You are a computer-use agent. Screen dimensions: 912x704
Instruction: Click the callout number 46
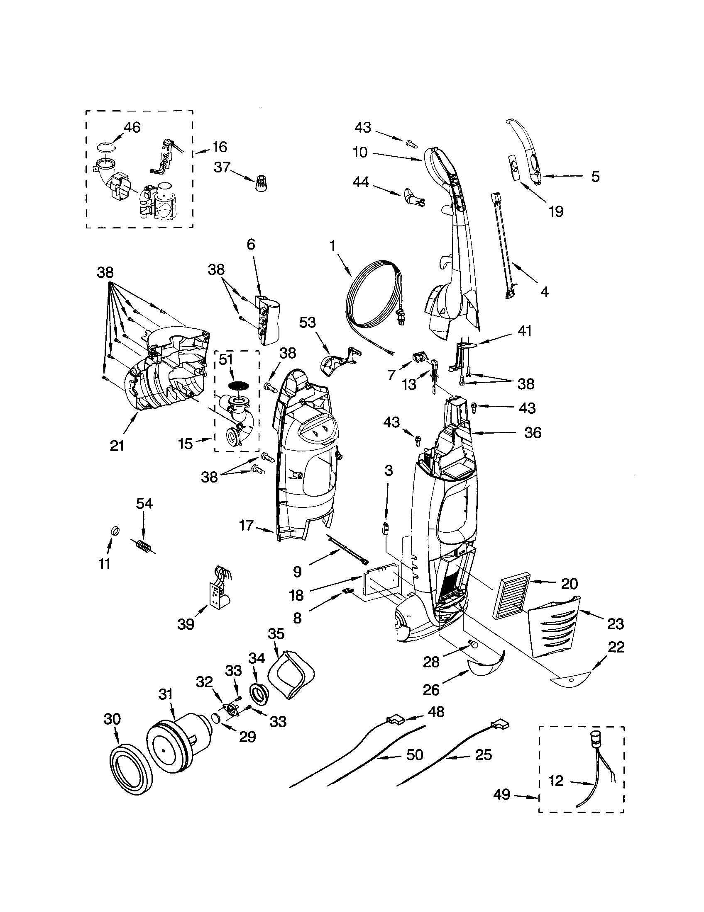click(132, 127)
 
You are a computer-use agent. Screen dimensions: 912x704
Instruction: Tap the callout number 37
click(222, 167)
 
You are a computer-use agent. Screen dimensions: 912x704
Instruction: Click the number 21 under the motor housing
click(117, 446)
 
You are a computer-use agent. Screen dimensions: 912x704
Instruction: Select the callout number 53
click(307, 323)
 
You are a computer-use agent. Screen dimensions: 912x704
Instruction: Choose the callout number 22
click(616, 647)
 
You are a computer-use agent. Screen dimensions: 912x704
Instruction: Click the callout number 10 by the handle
click(359, 153)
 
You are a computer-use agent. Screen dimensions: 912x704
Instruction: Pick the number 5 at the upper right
click(595, 177)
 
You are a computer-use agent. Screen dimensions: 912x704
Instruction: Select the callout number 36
click(533, 433)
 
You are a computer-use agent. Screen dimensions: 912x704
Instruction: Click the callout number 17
click(247, 525)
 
